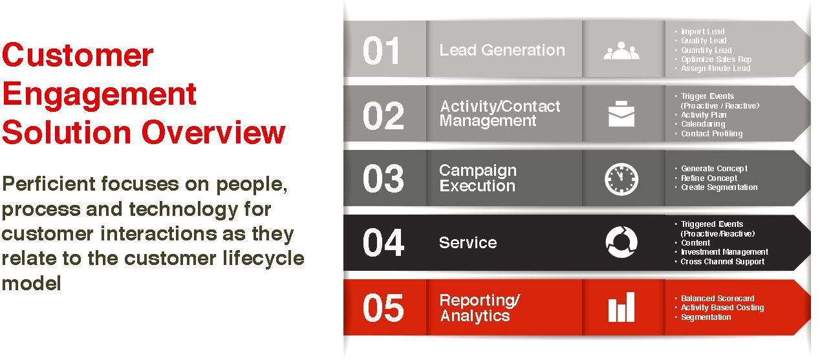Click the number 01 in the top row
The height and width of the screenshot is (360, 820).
(x=381, y=50)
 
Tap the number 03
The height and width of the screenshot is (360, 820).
(x=383, y=178)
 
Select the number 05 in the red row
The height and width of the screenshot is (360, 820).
(x=383, y=308)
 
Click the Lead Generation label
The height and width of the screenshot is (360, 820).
(x=502, y=50)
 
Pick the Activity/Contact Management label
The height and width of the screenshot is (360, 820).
(x=500, y=113)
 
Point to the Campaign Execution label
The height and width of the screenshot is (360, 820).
(x=478, y=178)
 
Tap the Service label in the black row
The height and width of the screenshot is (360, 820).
(x=468, y=242)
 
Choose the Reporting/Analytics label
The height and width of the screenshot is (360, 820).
(x=480, y=308)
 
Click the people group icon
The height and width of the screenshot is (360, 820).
(x=621, y=51)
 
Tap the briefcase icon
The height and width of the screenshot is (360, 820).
(x=621, y=114)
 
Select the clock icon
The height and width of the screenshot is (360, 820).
(x=621, y=179)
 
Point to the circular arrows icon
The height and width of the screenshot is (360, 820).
(x=621, y=242)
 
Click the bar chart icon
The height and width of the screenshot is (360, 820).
(x=621, y=307)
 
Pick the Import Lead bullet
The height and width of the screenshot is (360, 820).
(x=702, y=32)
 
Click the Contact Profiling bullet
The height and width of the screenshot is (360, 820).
(x=711, y=134)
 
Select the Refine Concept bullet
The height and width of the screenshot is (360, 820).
(x=709, y=178)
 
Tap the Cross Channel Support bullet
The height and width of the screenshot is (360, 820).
(x=722, y=262)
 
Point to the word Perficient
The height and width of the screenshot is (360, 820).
(x=49, y=184)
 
